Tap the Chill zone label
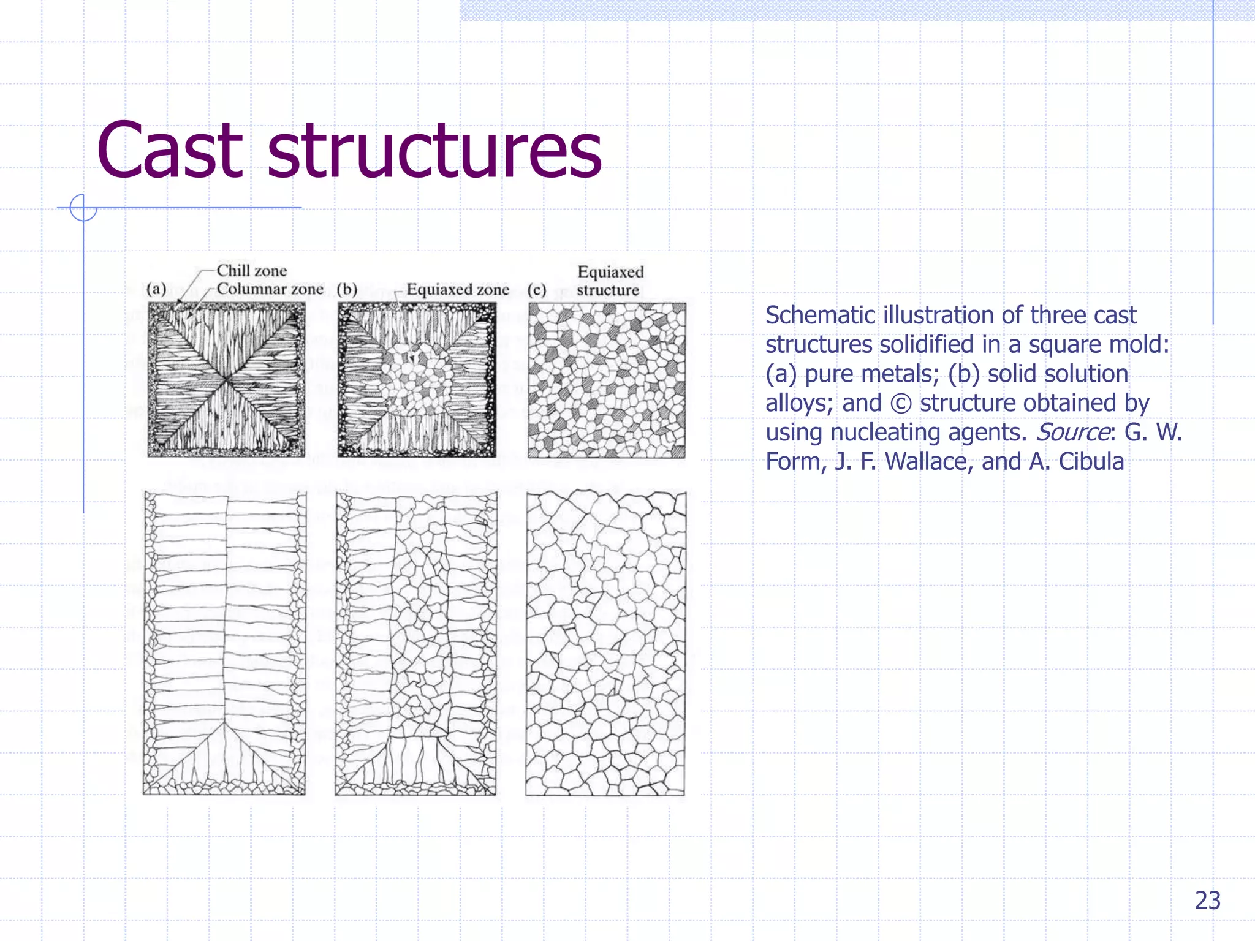[251, 271]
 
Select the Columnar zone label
[270, 289]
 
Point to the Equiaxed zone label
[458, 289]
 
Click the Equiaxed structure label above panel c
[610, 281]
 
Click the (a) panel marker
[156, 289]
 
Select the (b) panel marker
[347, 289]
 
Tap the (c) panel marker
[537, 289]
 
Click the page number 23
[1207, 901]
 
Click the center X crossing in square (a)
[226, 379]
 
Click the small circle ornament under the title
[83, 208]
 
